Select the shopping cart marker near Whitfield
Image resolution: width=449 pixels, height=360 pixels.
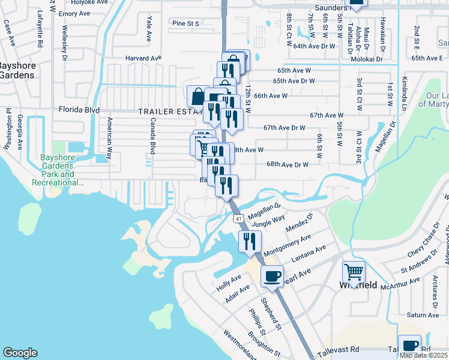click(354, 272)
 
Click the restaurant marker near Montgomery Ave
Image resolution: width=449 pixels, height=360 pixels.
click(249, 241)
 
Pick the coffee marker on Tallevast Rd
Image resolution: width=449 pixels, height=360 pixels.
click(409, 346)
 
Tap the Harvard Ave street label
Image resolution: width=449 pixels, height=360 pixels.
click(143, 58)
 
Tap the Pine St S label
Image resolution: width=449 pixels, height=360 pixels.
click(185, 23)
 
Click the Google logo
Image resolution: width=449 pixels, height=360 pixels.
click(20, 353)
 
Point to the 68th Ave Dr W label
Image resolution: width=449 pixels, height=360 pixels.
click(287, 164)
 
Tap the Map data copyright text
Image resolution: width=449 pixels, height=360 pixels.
click(423, 355)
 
